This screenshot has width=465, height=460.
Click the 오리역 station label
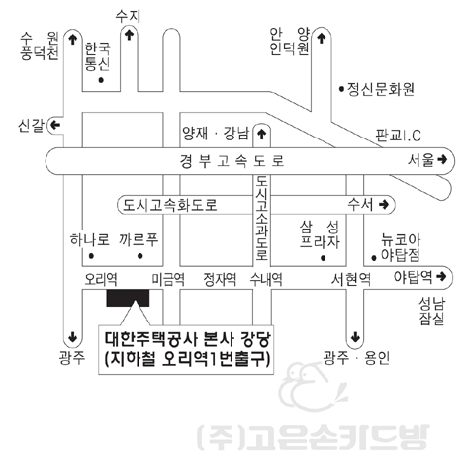click(x=101, y=279)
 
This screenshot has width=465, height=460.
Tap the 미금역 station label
click(x=168, y=279)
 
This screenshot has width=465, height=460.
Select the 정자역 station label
click(x=220, y=279)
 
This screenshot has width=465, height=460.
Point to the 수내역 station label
click(x=266, y=279)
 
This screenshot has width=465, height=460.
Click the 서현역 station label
click(x=351, y=279)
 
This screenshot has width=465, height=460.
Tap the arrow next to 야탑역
click(x=441, y=276)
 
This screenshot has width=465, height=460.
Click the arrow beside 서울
click(x=442, y=160)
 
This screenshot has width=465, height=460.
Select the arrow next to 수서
click(x=384, y=204)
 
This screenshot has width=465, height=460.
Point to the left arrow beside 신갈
click(x=55, y=126)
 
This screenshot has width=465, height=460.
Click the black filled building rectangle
click(x=128, y=298)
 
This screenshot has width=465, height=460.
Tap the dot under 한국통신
click(x=101, y=80)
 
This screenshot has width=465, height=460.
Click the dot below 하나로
click(x=91, y=256)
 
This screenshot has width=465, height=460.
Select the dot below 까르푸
click(x=140, y=256)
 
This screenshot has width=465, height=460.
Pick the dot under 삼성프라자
click(x=324, y=258)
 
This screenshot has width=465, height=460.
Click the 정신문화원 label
click(x=381, y=89)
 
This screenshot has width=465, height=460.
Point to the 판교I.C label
click(x=399, y=136)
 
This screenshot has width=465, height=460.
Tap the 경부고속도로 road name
click(x=232, y=161)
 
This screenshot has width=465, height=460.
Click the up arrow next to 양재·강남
click(x=262, y=135)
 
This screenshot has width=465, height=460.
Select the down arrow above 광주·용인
click(x=355, y=337)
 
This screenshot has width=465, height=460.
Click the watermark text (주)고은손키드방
click(x=314, y=437)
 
